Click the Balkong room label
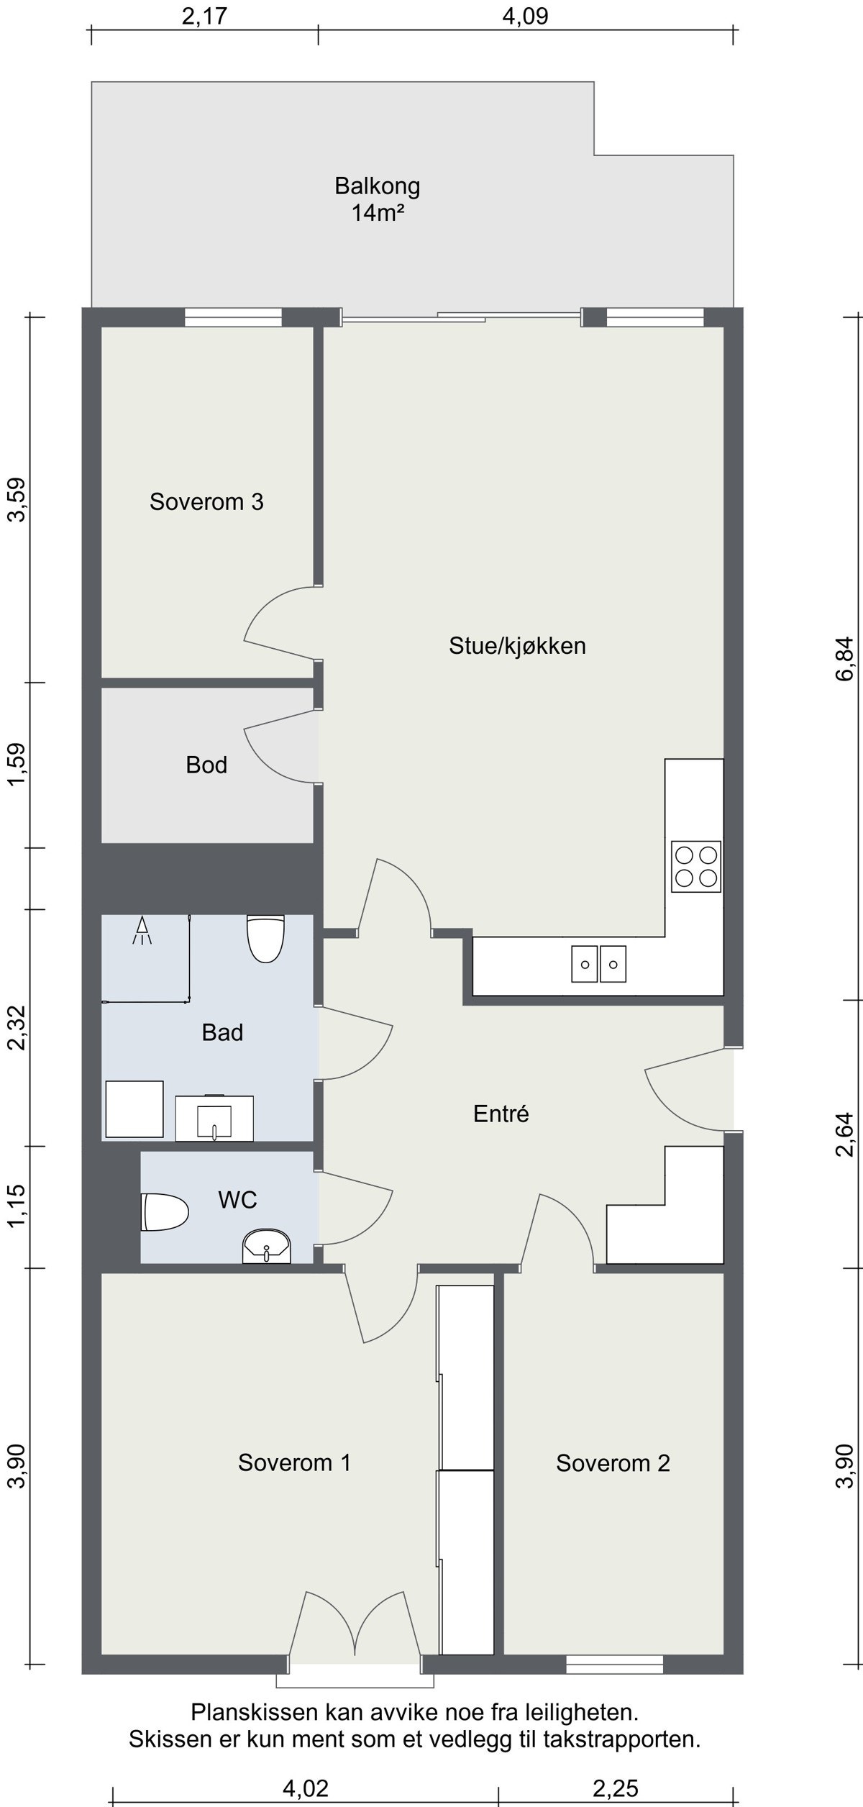[x=377, y=186]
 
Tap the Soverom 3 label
[x=206, y=501]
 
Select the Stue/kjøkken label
[x=517, y=646]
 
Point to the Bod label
[x=206, y=765]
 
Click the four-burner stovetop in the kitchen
[x=696, y=866]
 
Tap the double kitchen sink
[x=599, y=964]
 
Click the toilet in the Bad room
[x=265, y=938]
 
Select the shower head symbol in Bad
[x=142, y=930]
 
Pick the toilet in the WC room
[x=165, y=1212]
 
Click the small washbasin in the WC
[x=267, y=1247]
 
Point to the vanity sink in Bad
[x=214, y=1118]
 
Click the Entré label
[x=501, y=1114]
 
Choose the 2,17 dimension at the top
[x=204, y=16]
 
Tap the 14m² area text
[x=377, y=213]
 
